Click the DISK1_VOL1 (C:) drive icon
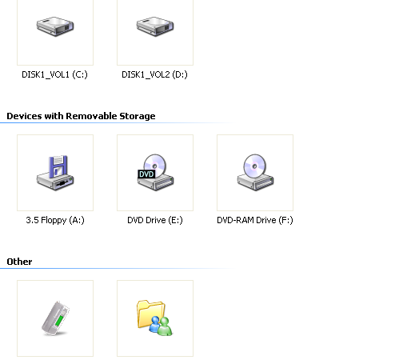tap(55, 26)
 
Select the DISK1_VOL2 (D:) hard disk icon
tap(155, 26)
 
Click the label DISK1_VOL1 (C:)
tap(54, 74)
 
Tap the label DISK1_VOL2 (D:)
tap(154, 74)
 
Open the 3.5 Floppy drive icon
tap(55, 173)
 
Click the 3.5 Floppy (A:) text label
tap(55, 220)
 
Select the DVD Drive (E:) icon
tap(155, 172)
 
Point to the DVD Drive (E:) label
tap(155, 220)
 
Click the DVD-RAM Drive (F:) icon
tap(255, 172)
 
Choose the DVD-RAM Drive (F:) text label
tap(255, 220)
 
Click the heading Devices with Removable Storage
tap(81, 116)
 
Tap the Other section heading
tap(19, 262)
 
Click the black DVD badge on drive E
tap(146, 174)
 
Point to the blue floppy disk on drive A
tap(58, 166)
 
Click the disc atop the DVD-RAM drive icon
tap(255, 166)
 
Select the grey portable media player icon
tap(55, 318)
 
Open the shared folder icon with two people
tap(154, 318)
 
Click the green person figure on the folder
tap(166, 326)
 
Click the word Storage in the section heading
tap(138, 116)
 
